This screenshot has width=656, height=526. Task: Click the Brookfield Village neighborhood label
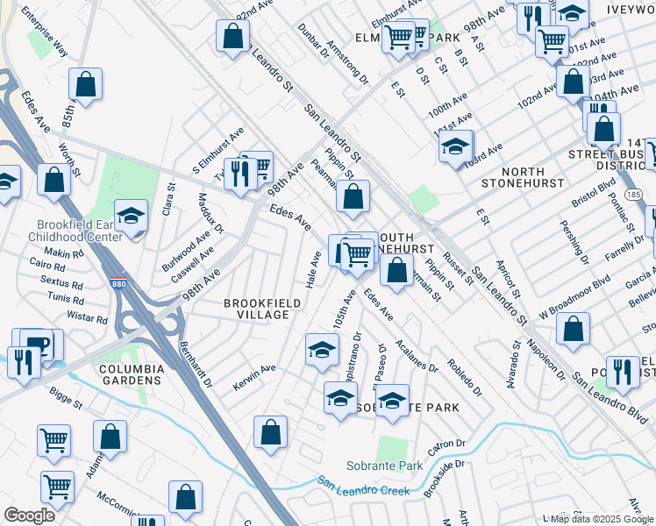click(x=256, y=308)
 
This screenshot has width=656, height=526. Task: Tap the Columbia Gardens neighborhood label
click(x=131, y=374)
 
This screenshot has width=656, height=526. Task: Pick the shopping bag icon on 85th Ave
click(x=86, y=84)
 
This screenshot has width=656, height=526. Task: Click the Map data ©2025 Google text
click(x=602, y=519)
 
